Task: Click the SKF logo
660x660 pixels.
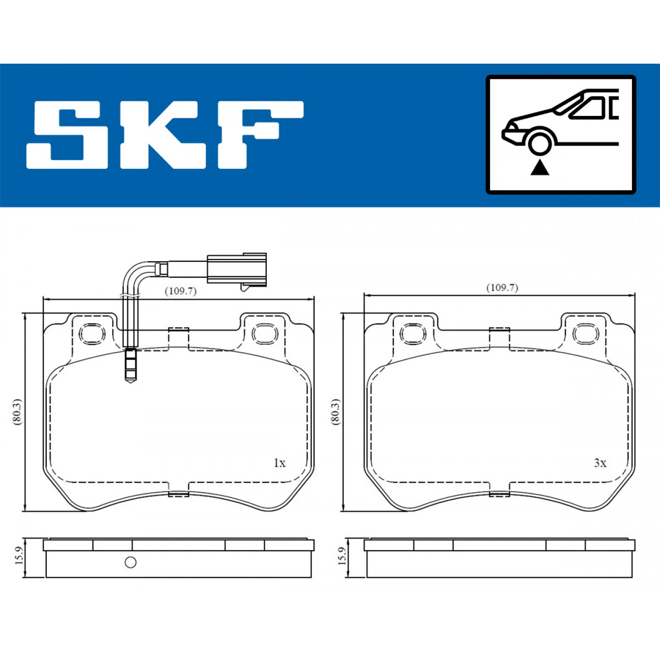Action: pos(165,135)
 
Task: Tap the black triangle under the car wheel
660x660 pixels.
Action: pos(539,168)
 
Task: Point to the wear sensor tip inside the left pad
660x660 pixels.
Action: pos(131,365)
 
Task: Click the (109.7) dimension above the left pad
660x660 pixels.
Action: pos(181,291)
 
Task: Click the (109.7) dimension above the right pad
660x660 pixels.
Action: pos(502,288)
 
